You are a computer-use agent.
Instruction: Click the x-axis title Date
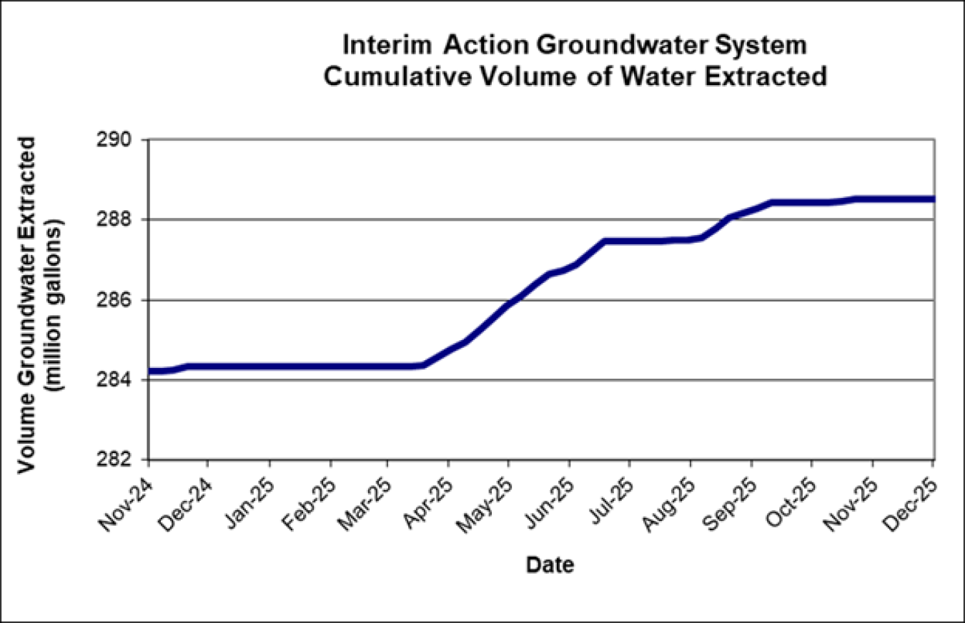coord(550,566)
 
